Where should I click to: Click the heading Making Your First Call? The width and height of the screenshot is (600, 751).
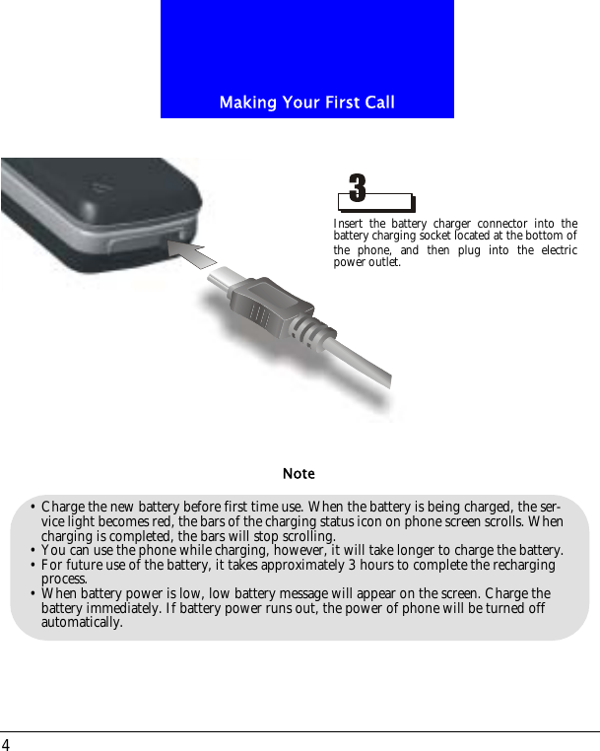coord(306,102)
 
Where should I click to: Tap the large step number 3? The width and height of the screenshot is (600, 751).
coord(358,186)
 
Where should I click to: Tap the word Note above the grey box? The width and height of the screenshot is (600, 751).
coord(299,474)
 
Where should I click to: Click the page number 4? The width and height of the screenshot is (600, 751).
coord(6,744)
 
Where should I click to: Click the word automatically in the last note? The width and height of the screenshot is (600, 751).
coord(82,622)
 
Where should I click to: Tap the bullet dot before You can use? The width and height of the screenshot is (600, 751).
coord(33,550)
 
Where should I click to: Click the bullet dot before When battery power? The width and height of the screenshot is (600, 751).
coord(33,594)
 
